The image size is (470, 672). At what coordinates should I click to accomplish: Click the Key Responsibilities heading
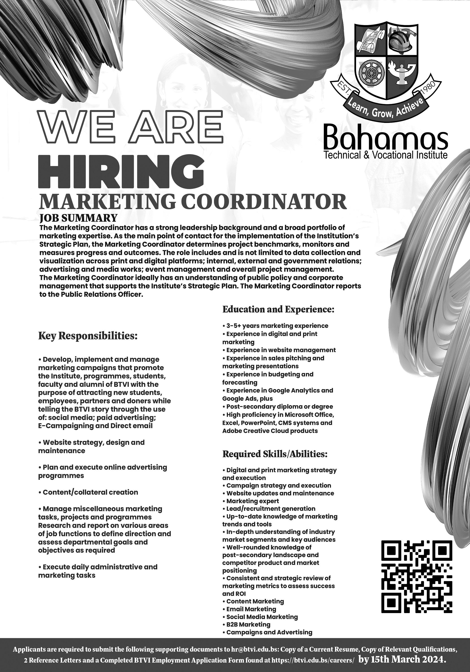pos(88,336)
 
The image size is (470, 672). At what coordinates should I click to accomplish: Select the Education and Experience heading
pos(278,309)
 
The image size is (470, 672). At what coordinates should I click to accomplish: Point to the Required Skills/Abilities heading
pos(275,454)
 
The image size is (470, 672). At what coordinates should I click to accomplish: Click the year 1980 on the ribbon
pos(427,88)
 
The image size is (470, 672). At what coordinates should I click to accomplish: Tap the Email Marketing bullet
pos(251,609)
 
